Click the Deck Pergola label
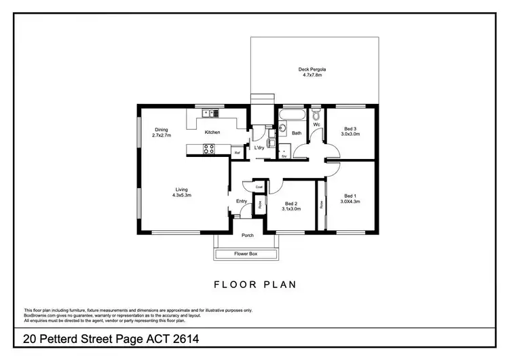(313, 69)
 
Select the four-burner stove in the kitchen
(210, 149)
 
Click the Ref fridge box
(237, 154)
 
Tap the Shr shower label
(284, 156)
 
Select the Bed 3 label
(350, 129)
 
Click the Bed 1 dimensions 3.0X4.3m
(350, 201)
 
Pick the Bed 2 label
(292, 204)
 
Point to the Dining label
(161, 130)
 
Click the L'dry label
(259, 147)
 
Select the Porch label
(248, 236)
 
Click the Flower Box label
(246, 254)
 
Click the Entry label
(242, 201)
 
